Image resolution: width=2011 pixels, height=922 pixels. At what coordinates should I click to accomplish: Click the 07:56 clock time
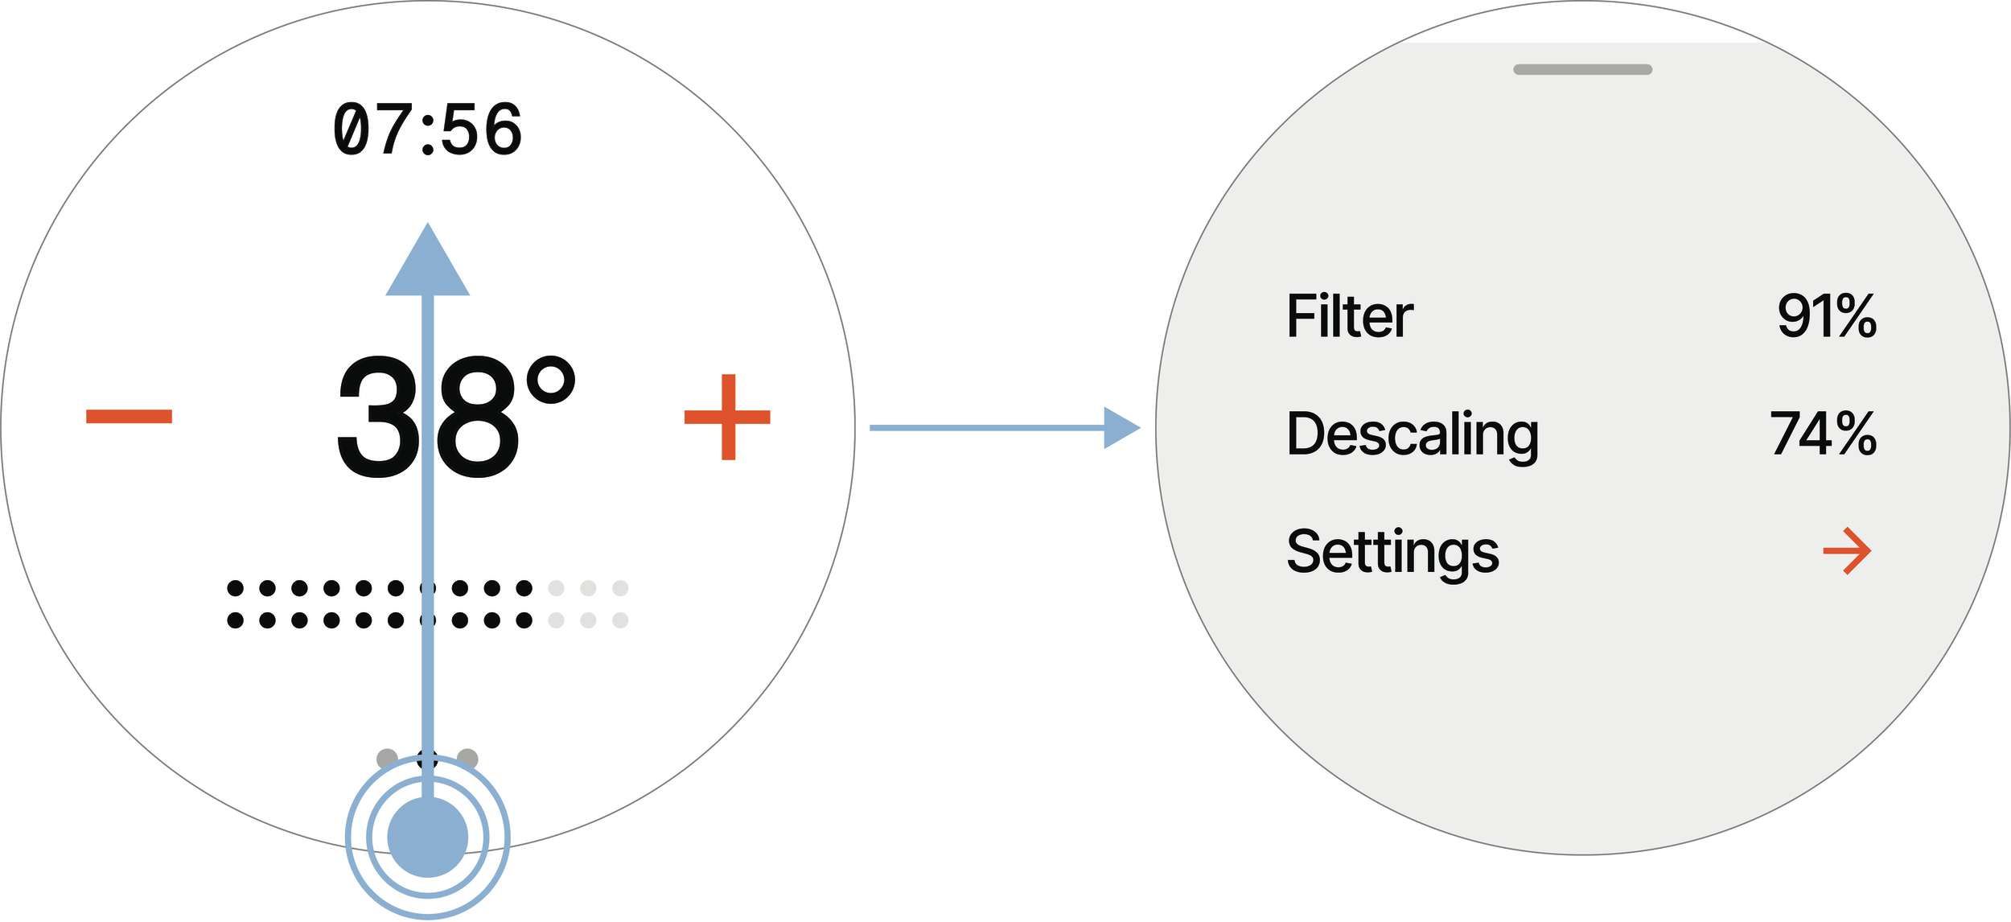click(428, 129)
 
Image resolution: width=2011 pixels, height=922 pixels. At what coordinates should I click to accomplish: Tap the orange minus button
click(129, 416)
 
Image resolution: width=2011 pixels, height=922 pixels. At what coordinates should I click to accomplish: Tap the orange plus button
click(727, 417)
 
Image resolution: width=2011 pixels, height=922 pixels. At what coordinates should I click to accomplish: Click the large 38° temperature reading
click(456, 415)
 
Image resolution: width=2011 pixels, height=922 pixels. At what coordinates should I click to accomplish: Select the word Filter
click(1350, 315)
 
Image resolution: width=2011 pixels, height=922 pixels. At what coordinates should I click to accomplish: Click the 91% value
click(1827, 315)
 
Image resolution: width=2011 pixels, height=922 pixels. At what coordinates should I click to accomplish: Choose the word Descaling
click(1413, 435)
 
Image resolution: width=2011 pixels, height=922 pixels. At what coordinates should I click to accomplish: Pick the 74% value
click(1824, 434)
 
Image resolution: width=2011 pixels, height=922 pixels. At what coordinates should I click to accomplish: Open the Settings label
click(1393, 553)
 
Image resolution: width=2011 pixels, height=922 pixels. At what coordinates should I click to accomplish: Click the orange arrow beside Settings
click(1847, 551)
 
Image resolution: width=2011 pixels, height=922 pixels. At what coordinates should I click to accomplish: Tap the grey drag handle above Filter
click(1583, 69)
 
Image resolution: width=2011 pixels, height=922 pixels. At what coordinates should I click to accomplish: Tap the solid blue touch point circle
click(428, 837)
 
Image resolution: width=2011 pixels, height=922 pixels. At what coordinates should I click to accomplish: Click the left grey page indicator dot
click(387, 759)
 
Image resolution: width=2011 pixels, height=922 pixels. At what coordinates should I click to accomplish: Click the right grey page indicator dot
click(467, 759)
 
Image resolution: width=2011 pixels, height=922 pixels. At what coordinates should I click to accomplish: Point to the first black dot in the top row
click(236, 588)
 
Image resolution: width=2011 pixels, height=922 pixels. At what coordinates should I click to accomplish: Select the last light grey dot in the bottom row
click(620, 620)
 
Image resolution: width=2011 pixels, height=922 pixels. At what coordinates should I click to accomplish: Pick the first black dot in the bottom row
click(236, 620)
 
